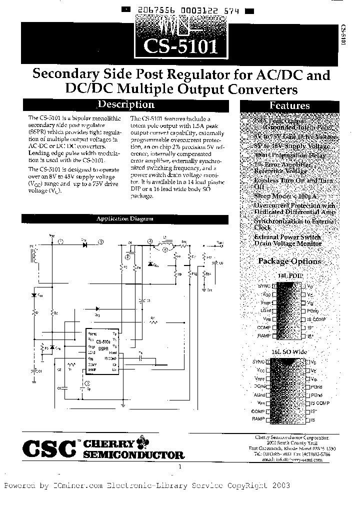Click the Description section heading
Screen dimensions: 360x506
tap(125, 105)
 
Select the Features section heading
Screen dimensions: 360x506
tap(289, 105)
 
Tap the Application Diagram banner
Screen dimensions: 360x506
tap(124, 219)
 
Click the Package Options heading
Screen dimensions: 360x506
tap(289, 261)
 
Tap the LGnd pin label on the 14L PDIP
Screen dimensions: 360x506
tap(264, 310)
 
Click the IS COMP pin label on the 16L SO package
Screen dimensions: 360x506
tap(320, 402)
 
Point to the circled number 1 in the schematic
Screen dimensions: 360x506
tap(60, 242)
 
